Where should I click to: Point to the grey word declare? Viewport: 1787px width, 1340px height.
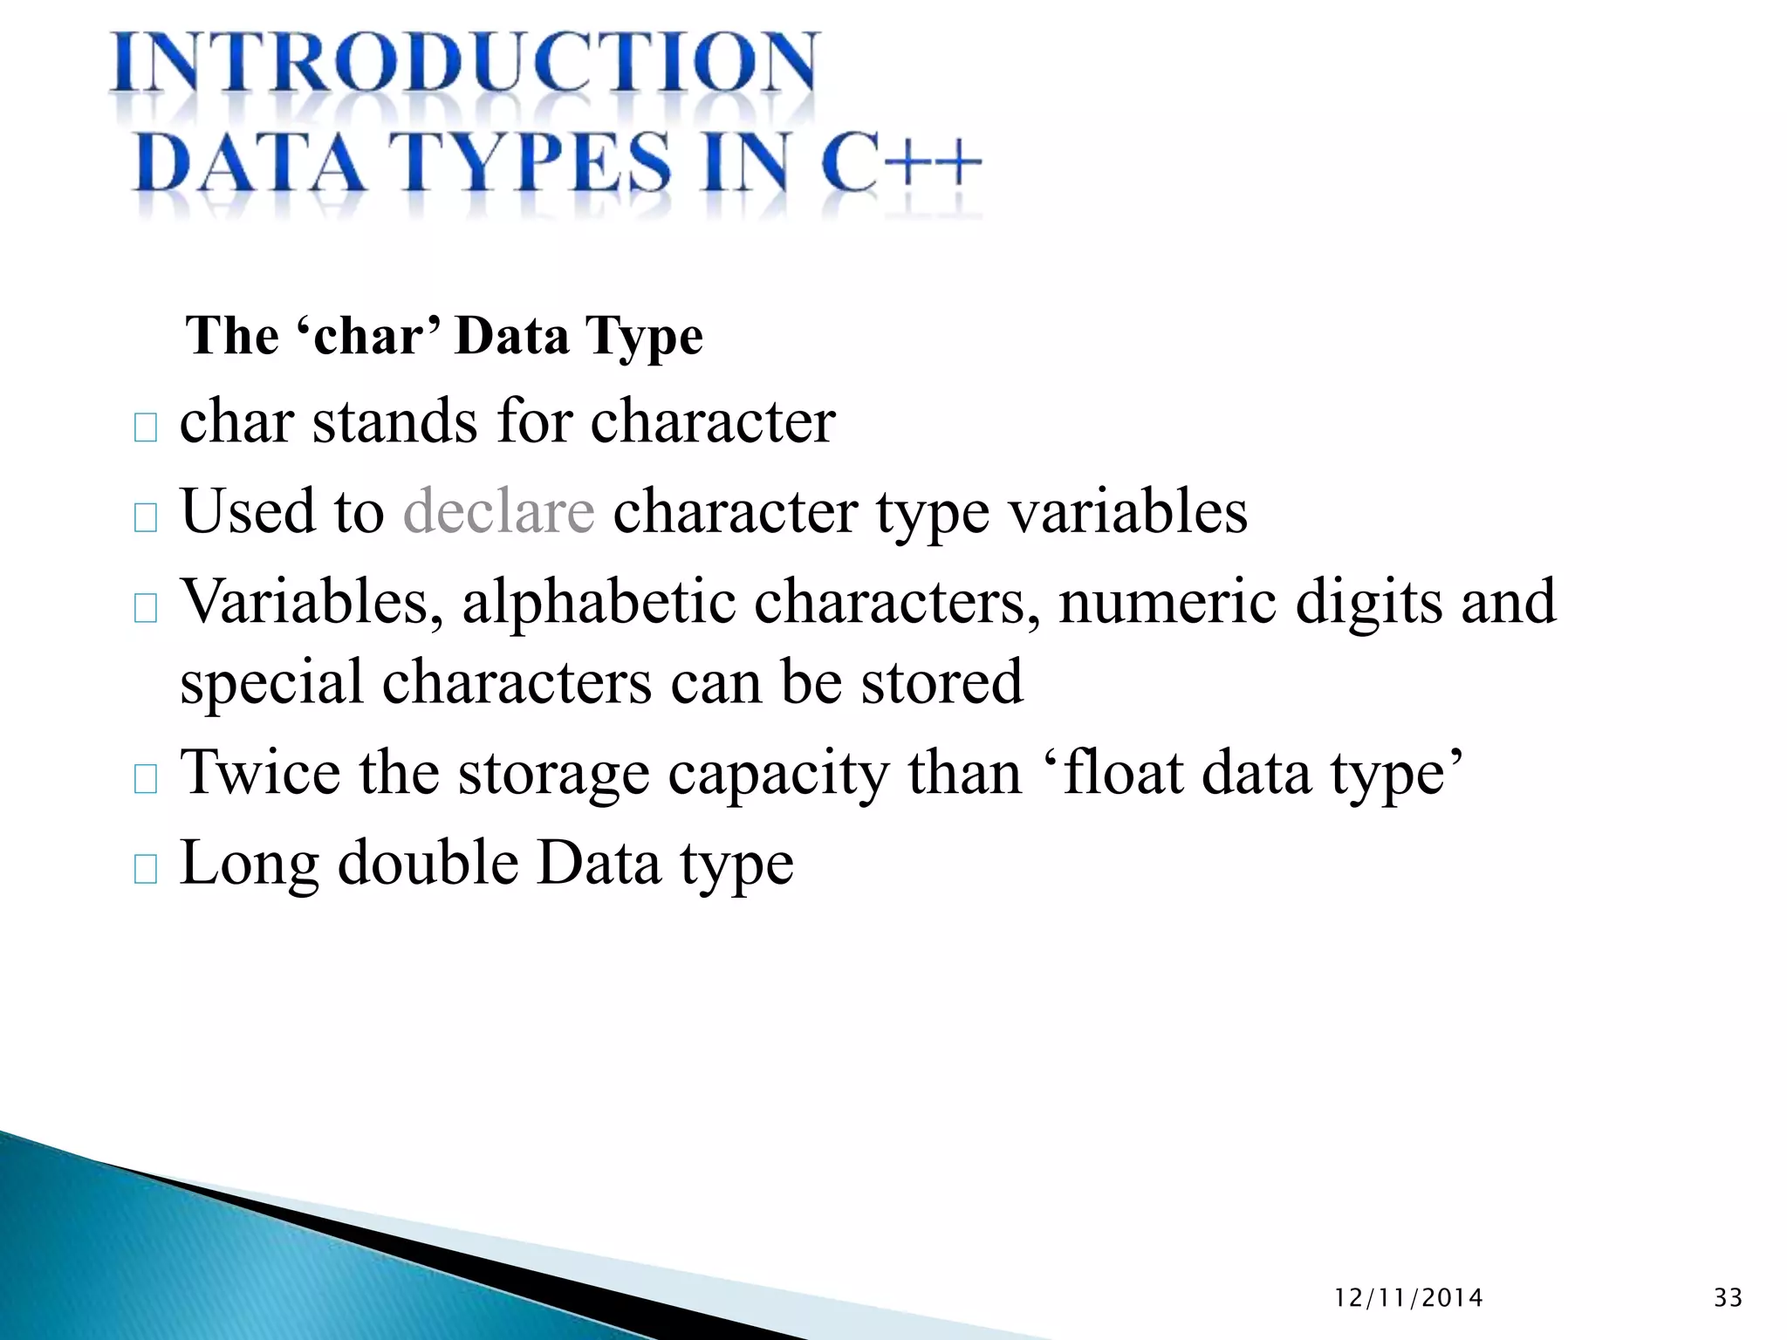pos(498,511)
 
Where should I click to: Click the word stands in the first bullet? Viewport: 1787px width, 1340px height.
pos(394,422)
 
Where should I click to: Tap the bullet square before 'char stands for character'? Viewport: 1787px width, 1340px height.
pos(146,428)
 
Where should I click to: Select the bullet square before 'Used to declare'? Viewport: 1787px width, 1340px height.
pos(146,518)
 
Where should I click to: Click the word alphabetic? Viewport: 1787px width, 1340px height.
pos(599,602)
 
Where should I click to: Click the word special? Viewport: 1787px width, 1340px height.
pos(271,683)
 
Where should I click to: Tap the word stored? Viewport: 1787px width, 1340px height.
pos(941,683)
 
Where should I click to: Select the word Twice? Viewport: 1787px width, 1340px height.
pos(260,773)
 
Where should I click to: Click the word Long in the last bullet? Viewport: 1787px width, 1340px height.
pos(250,865)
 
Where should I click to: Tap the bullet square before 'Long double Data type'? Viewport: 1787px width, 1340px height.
pos(146,870)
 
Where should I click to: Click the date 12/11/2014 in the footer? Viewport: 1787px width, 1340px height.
pos(1408,1298)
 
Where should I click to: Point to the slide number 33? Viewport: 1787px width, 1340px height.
pos(1728,1298)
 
